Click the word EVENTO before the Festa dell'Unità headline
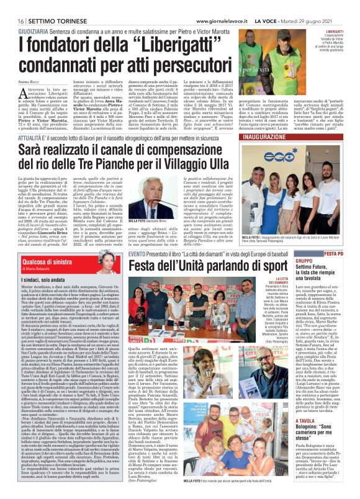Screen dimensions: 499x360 [x=137, y=236]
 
